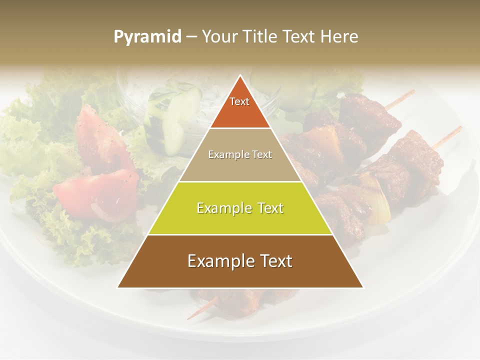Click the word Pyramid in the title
(147, 37)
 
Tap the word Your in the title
(218, 37)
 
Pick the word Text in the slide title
(300, 37)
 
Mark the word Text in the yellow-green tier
(268, 208)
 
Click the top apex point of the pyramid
(240, 76)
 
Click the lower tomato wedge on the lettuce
(95, 192)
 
